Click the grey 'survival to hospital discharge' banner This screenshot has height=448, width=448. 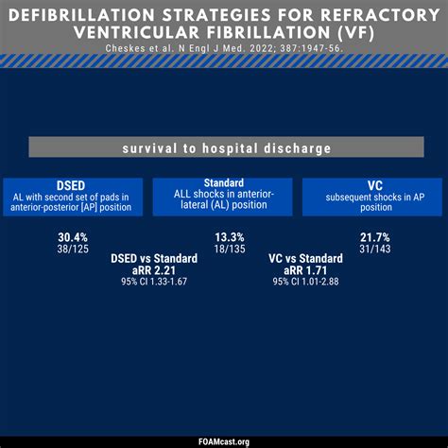pyautogui.click(x=224, y=147)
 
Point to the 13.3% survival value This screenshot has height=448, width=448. pyautogui.click(x=224, y=236)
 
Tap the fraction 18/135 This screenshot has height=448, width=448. pyautogui.click(x=224, y=249)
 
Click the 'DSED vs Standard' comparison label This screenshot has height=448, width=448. pyautogui.click(x=154, y=258)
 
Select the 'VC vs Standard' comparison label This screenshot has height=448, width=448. pyautogui.click(x=305, y=258)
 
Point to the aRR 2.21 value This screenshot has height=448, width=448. pyautogui.click(x=154, y=270)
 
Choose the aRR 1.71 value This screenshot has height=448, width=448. pyautogui.click(x=305, y=270)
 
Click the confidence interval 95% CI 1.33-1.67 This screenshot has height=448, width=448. pyautogui.click(x=154, y=282)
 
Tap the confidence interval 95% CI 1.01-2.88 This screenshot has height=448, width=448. pyautogui.click(x=305, y=282)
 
